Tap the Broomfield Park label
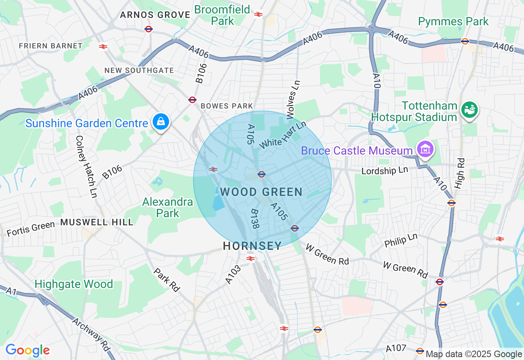click(x=222, y=15)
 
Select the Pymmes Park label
click(x=453, y=21)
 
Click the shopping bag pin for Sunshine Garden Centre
click(x=162, y=122)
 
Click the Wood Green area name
click(x=261, y=192)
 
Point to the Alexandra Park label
click(x=168, y=207)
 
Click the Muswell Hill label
click(x=97, y=222)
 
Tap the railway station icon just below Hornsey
click(x=251, y=258)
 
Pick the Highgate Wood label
click(x=74, y=284)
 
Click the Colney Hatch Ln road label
click(x=86, y=167)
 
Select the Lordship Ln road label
click(x=384, y=170)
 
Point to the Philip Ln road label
click(x=401, y=240)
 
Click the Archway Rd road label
click(x=92, y=334)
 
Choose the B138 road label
click(x=255, y=219)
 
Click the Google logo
click(x=27, y=351)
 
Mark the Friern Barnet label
click(x=50, y=46)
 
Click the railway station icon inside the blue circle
click(x=213, y=169)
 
